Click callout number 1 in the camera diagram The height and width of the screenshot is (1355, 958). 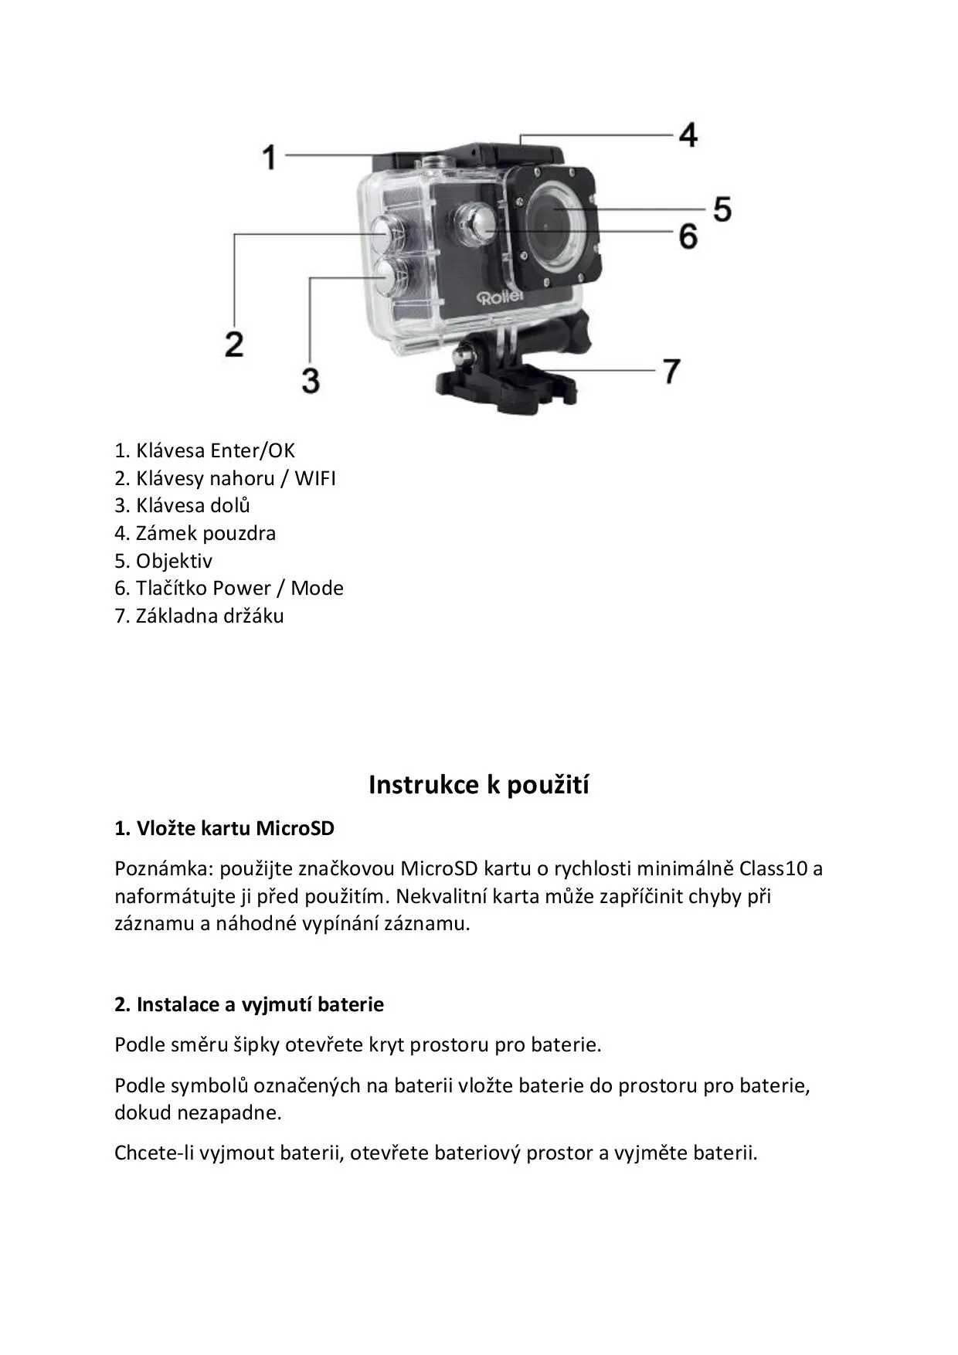coord(269,158)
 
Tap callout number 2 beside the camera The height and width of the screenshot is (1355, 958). coord(234,343)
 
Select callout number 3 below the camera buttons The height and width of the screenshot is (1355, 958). coord(311,380)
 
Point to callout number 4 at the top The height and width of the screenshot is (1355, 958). coord(688,134)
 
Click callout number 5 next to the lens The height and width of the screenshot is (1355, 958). coord(722,209)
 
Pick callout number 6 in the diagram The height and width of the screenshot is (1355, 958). coord(688,236)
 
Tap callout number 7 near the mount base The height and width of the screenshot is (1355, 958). coord(671,371)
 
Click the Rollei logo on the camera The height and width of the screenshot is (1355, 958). coord(500,297)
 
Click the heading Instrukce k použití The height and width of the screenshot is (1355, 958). coord(478,785)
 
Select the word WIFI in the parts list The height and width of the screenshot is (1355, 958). coord(314,478)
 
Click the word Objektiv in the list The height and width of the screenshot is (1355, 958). coord(174,561)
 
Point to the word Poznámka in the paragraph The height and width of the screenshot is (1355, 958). coord(162,868)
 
